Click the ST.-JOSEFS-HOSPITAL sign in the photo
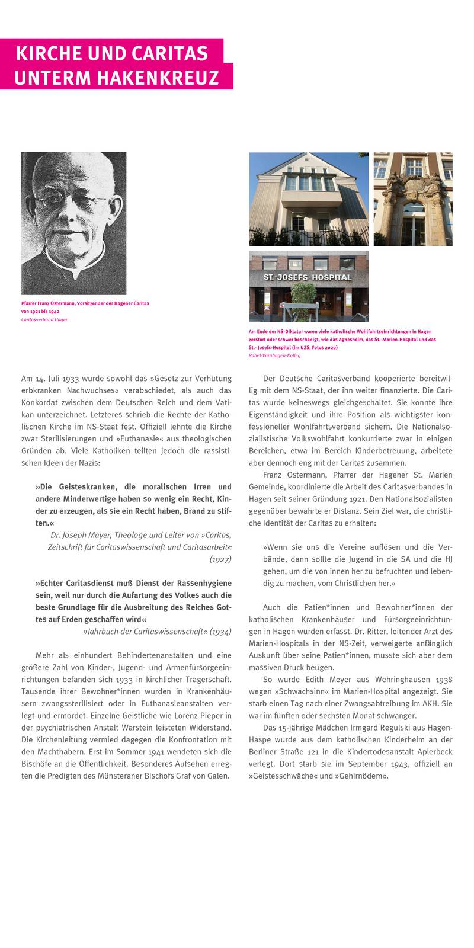tap(308, 277)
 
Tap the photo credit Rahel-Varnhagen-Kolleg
tap(274, 355)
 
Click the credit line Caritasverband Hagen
tap(44, 319)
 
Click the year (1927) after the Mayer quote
tap(220, 559)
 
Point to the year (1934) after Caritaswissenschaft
tap(220, 631)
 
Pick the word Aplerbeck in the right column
tap(434, 752)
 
